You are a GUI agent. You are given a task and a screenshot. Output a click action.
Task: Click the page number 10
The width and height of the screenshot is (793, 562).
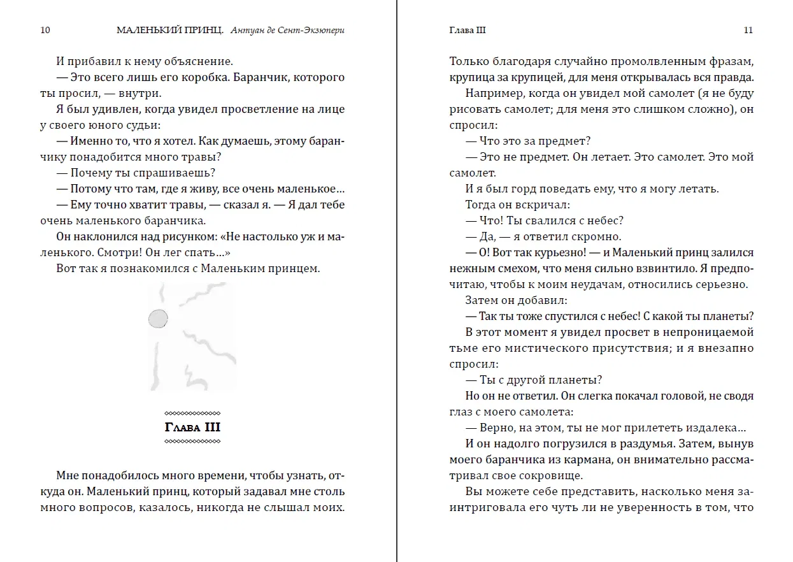(45, 30)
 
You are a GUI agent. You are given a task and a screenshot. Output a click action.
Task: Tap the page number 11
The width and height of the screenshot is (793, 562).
(748, 30)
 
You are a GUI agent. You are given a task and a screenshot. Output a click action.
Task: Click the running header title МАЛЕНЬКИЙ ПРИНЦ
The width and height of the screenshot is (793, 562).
(170, 30)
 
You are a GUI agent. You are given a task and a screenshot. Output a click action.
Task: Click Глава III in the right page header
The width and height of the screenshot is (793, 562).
(468, 30)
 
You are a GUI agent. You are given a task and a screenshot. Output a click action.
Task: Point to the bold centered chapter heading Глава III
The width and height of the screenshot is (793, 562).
(192, 428)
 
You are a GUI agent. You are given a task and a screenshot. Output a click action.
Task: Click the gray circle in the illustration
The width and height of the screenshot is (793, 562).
(158, 319)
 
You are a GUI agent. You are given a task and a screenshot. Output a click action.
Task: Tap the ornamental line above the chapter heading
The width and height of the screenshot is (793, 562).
(192, 412)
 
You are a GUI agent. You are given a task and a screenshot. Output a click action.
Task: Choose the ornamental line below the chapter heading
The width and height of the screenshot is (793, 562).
(192, 442)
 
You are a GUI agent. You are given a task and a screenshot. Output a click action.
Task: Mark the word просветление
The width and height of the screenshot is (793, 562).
(246, 110)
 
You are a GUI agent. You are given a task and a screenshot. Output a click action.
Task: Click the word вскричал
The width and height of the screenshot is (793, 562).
(542, 205)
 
